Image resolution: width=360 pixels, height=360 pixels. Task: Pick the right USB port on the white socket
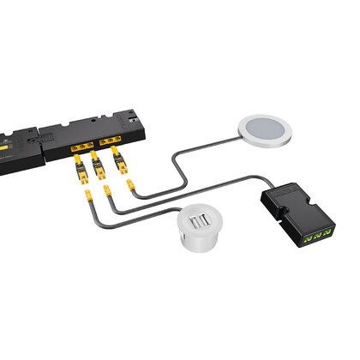(206, 221)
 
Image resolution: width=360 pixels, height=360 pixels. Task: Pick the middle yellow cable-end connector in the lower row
(108, 190)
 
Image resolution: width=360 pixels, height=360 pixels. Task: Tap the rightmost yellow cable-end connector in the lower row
(129, 183)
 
